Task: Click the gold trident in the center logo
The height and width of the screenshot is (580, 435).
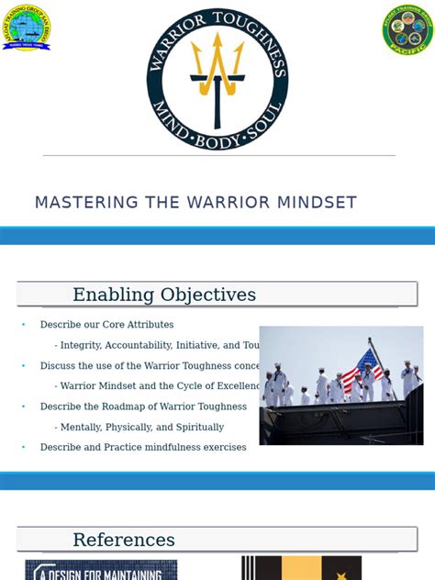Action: point(217,69)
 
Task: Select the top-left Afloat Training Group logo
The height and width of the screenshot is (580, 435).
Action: point(26,28)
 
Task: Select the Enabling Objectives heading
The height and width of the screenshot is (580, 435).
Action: point(164,295)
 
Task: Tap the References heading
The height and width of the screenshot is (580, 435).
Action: point(124,540)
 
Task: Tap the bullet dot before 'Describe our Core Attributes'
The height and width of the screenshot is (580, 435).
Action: point(24,325)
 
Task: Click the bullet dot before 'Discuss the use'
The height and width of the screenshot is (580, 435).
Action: point(24,365)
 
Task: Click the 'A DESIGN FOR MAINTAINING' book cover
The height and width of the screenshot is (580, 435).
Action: point(101,569)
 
